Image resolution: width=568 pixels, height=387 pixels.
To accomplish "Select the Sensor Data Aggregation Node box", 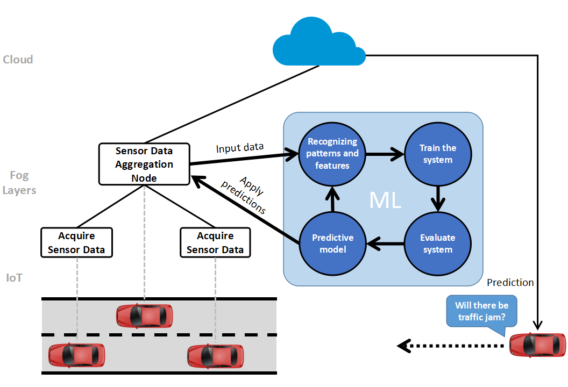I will pyautogui.click(x=144, y=164).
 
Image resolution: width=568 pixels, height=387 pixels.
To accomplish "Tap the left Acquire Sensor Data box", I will pyautogui.click(x=76, y=243).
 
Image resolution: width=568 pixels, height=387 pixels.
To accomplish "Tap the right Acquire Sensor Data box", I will pyautogui.click(x=215, y=243).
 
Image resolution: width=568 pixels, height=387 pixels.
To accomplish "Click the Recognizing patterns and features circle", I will pyautogui.click(x=332, y=154).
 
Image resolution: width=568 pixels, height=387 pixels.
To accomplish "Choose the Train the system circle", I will pyautogui.click(x=438, y=154).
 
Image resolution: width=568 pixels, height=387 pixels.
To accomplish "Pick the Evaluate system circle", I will pyautogui.click(x=438, y=243).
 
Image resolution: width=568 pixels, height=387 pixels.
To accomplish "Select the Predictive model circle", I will pyautogui.click(x=332, y=243).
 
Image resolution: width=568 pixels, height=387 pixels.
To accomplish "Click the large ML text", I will pyautogui.click(x=385, y=200).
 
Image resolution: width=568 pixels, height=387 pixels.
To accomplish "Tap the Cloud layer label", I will pyautogui.click(x=18, y=60).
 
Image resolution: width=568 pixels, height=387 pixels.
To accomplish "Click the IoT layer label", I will pyautogui.click(x=15, y=278).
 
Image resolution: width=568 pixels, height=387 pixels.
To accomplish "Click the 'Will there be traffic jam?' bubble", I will pyautogui.click(x=481, y=311).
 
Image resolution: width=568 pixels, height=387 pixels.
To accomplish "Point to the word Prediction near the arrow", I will pyautogui.click(x=510, y=283).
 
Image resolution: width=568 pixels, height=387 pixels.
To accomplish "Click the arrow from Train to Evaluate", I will pyautogui.click(x=438, y=198).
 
